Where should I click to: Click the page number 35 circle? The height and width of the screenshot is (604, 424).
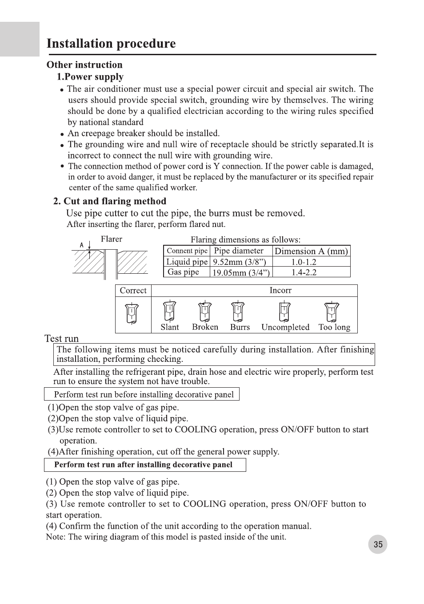[378, 544]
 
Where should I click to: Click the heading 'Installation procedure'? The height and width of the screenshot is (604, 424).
[111, 44]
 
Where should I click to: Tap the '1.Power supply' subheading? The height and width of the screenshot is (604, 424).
[90, 77]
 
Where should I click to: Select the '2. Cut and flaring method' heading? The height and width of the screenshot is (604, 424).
[110, 201]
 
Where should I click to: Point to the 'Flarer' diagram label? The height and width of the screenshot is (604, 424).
[112, 239]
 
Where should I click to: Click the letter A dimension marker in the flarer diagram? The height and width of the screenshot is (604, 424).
[82, 245]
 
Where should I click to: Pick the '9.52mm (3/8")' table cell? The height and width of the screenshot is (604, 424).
[240, 262]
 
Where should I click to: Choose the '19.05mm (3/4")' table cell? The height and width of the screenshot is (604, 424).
[240, 272]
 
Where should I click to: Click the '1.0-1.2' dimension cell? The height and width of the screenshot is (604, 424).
[304, 262]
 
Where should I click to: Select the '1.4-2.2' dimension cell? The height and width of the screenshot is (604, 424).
[304, 272]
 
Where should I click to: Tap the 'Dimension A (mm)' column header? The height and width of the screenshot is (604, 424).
[311, 251]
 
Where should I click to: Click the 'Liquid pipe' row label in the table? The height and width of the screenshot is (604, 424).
[187, 262]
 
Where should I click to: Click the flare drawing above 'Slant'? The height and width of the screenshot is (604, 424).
[169, 311]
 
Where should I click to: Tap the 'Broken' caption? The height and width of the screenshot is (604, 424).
[205, 327]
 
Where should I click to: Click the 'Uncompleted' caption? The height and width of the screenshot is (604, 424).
[285, 327]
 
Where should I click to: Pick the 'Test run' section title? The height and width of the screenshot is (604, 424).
[62, 338]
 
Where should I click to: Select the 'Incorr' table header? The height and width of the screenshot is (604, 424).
[280, 290]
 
